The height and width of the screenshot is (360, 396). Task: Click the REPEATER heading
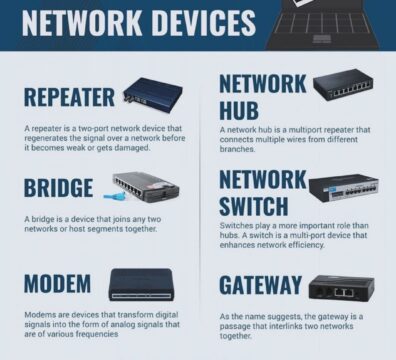(69, 97)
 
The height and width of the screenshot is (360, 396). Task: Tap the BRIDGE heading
(58, 187)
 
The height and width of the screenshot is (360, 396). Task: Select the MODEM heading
(57, 284)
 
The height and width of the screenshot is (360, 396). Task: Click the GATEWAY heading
(260, 285)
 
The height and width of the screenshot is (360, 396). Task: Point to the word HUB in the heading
(239, 110)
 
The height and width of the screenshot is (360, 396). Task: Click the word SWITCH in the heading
(254, 206)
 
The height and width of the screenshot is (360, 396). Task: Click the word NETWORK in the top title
(82, 23)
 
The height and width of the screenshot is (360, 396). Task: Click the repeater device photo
(153, 92)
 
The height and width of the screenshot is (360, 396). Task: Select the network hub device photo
(343, 85)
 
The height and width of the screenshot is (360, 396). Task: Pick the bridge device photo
(146, 187)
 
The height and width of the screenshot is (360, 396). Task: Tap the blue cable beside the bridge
(115, 196)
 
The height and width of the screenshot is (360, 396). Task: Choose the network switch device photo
(344, 188)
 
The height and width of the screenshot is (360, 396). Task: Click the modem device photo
(141, 285)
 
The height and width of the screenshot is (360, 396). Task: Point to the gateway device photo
(342, 287)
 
